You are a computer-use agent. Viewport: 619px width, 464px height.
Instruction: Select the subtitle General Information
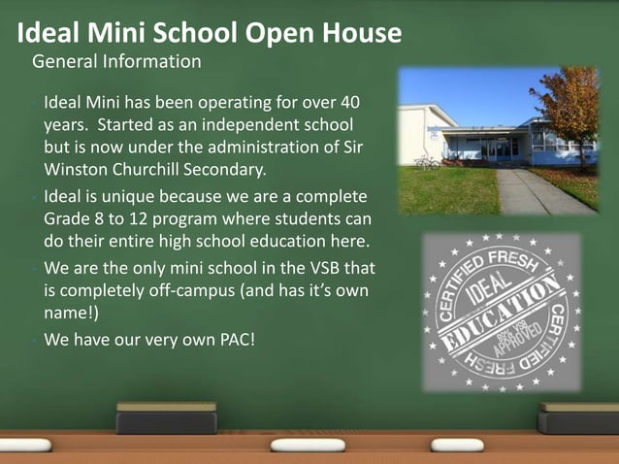[x=116, y=62]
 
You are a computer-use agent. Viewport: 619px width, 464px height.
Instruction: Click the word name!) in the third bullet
[x=71, y=312]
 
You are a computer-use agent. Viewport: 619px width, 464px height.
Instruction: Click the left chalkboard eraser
[x=166, y=419]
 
